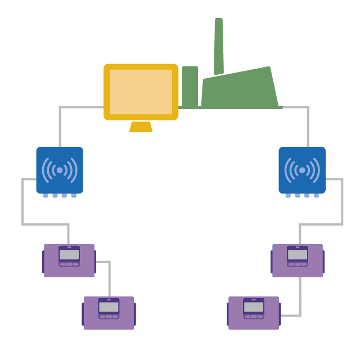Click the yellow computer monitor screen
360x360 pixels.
[x=141, y=92]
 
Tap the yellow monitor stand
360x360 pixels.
[x=141, y=127]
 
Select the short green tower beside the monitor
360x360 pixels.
[x=190, y=86]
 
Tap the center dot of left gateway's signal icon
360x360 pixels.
[x=60, y=170]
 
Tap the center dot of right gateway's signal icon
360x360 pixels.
[x=302, y=170]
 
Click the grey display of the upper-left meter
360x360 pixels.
[x=69, y=255]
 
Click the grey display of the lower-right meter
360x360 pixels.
[x=254, y=307]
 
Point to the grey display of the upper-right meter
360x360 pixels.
[x=298, y=255]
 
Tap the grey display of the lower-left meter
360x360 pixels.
[x=109, y=307]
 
